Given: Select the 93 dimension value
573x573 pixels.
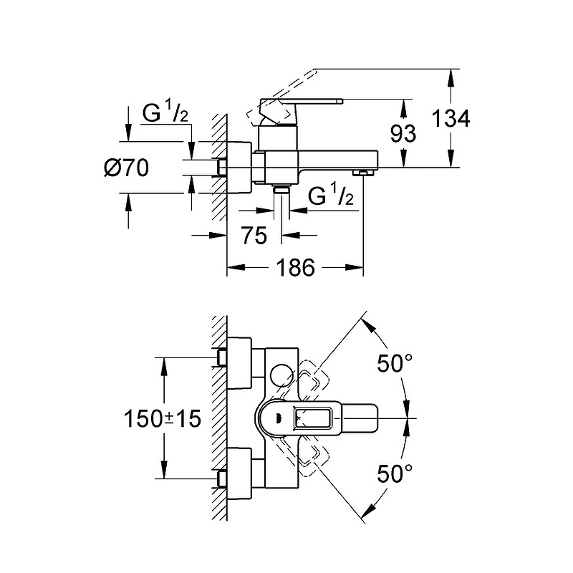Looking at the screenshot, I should point(404,134).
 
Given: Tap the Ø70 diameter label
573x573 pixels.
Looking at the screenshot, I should point(127,168).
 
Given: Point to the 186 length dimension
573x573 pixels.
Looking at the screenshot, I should point(297,268).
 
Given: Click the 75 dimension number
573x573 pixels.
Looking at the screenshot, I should point(254,235).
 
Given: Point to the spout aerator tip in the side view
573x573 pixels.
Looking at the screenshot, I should point(363,172).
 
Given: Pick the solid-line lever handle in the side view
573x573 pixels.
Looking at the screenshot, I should point(301,105).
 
